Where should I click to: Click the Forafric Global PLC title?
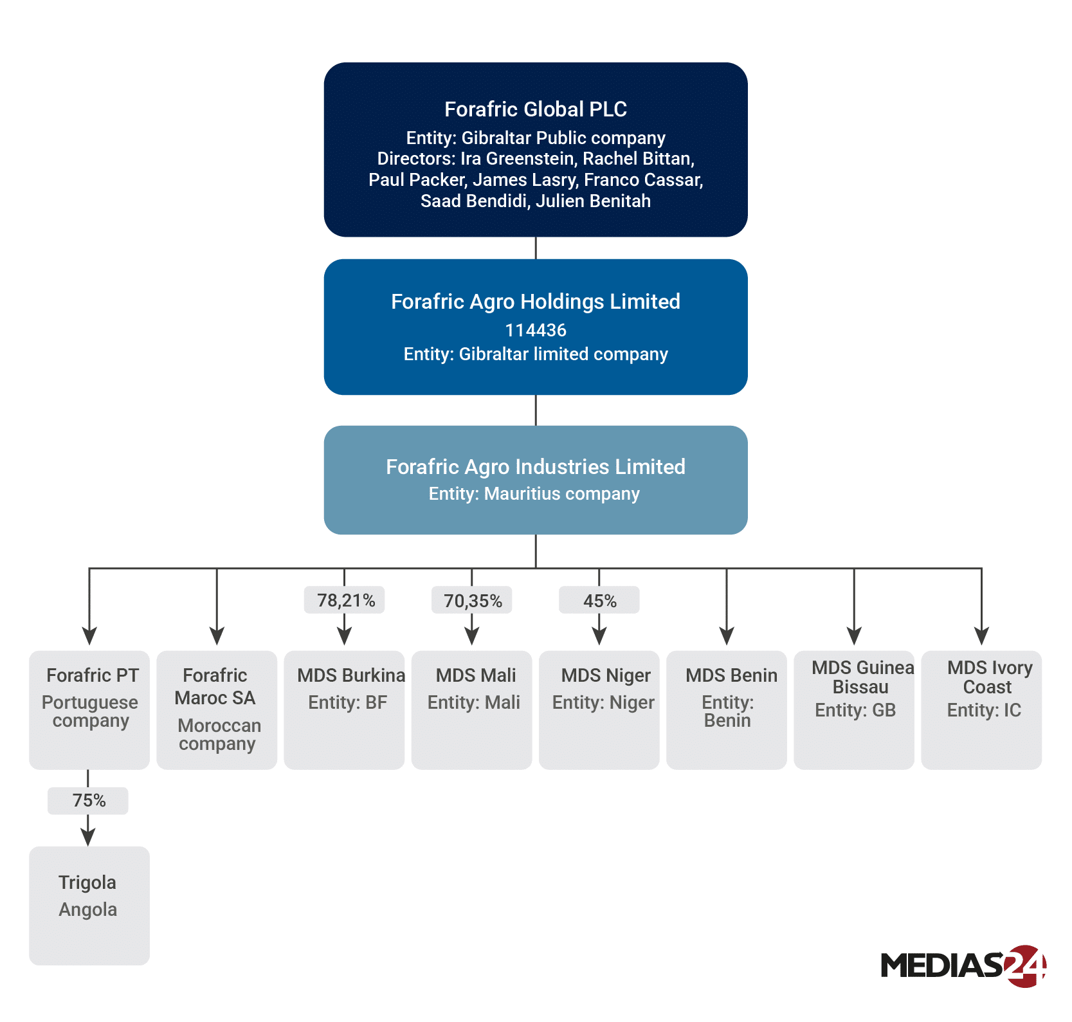(535, 109)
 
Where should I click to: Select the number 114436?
(535, 330)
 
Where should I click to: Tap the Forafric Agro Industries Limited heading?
(535, 466)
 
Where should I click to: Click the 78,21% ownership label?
(345, 600)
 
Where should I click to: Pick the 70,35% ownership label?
(472, 600)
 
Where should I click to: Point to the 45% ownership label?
(599, 600)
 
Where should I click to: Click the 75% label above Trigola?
(88, 801)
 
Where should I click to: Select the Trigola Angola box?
(89, 905)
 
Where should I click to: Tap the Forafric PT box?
(89, 709)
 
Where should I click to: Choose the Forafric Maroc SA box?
(217, 709)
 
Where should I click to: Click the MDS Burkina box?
(344, 709)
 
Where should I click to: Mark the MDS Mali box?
(471, 709)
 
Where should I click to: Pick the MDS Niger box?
(599, 709)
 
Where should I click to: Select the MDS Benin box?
(727, 709)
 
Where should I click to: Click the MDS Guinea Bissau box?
(854, 709)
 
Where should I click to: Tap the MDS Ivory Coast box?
(981, 709)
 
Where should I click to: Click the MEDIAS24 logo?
(963, 965)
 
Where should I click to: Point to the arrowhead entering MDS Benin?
(727, 636)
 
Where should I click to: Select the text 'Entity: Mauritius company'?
(534, 493)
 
